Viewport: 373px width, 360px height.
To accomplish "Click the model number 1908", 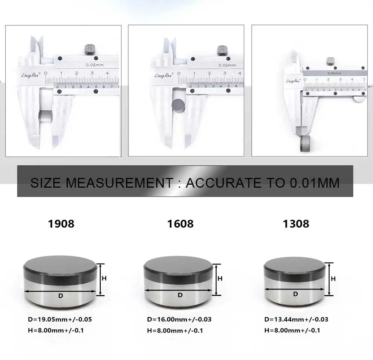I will pos(61,223).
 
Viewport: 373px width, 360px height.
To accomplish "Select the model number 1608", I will pos(180,223).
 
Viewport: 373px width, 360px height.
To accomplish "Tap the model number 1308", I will pos(296,223).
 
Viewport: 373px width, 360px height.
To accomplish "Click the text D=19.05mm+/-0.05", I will pos(60,319).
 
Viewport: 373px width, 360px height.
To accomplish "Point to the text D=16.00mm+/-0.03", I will pos(180,319).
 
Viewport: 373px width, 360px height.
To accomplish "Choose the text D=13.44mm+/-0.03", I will pos(296,319).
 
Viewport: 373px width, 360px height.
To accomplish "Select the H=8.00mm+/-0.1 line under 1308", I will pos(292,330).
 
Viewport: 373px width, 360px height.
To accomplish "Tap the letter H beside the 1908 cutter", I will pos(104,278).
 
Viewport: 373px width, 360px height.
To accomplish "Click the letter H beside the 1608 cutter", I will pos(220,278).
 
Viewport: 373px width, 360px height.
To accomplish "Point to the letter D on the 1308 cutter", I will pos(295,294).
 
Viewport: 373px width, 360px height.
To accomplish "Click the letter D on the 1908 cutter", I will pos(61,296).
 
